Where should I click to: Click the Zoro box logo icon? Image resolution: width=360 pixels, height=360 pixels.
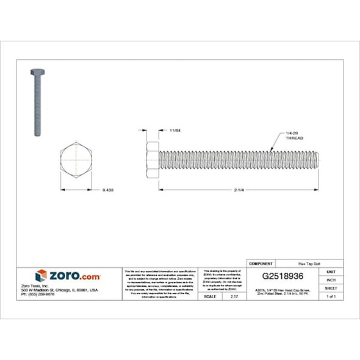[41, 275]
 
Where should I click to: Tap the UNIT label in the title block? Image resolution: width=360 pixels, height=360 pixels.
[331, 271]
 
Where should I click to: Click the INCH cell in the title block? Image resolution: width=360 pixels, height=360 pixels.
[331, 279]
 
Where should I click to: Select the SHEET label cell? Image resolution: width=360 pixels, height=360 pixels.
[331, 287]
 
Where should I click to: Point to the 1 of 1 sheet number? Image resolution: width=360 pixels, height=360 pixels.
[331, 296]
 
